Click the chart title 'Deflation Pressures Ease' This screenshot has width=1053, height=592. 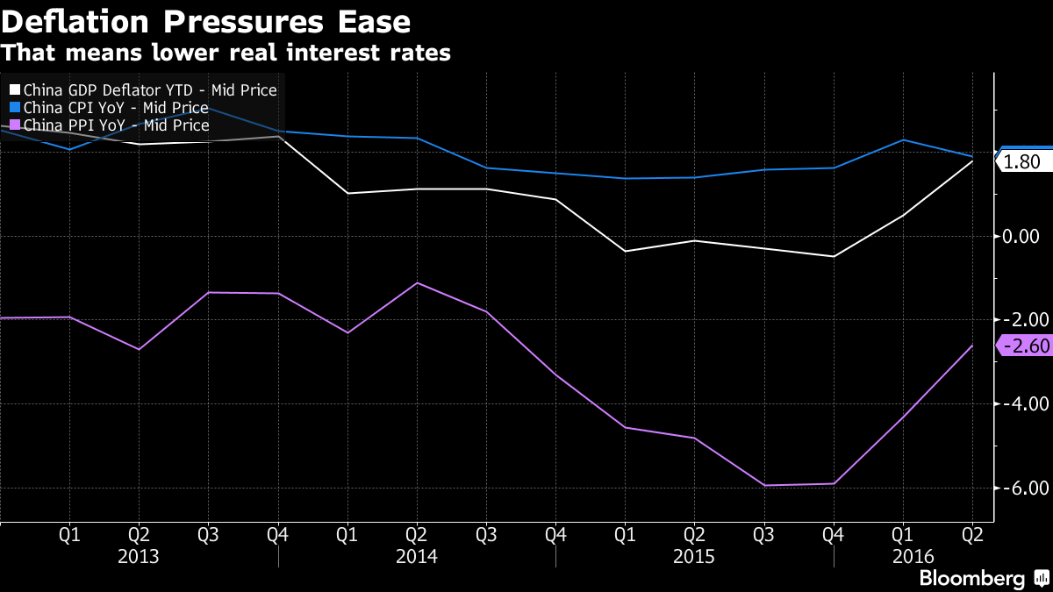[x=207, y=20]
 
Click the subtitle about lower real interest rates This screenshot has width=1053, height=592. [x=226, y=53]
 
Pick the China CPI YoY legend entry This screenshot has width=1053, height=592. [x=109, y=108]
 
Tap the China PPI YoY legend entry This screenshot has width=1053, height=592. [x=109, y=125]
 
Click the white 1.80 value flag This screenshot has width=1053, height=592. [x=1021, y=161]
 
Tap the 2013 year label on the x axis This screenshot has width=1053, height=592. [x=138, y=556]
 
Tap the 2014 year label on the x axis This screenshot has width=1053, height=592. [x=416, y=556]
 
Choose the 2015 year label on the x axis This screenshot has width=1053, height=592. [x=694, y=556]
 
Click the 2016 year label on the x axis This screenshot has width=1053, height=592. [x=913, y=556]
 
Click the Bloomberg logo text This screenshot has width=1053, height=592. [x=971, y=578]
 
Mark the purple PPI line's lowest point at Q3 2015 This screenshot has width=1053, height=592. [x=764, y=485]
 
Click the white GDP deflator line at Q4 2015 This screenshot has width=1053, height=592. [x=834, y=256]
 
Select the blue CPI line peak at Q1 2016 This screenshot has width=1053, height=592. [x=903, y=139]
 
